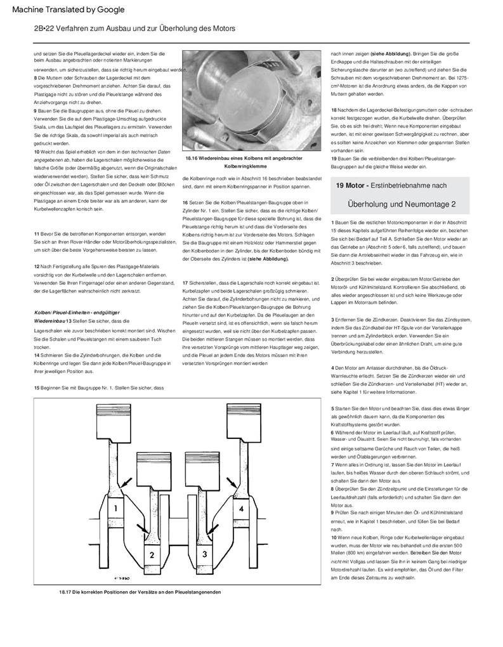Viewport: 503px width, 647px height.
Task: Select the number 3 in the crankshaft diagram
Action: click(x=204, y=554)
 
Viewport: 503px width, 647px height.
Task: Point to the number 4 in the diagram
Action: click(x=241, y=509)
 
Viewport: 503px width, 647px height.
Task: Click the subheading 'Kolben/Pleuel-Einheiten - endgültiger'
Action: click(x=77, y=313)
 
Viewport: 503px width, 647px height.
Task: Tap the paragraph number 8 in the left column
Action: click(x=36, y=77)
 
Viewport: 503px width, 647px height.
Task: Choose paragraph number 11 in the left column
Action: click(x=37, y=234)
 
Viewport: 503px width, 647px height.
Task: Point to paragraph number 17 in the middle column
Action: click(x=185, y=283)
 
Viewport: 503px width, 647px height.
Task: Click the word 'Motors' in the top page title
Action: click(x=223, y=29)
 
